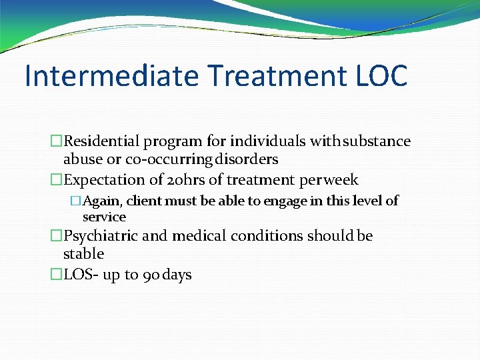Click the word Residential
coord(102,141)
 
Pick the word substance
coord(378,141)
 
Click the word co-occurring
coord(167,160)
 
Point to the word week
coord(341,180)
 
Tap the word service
coord(104,217)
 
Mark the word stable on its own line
coord(83,254)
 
